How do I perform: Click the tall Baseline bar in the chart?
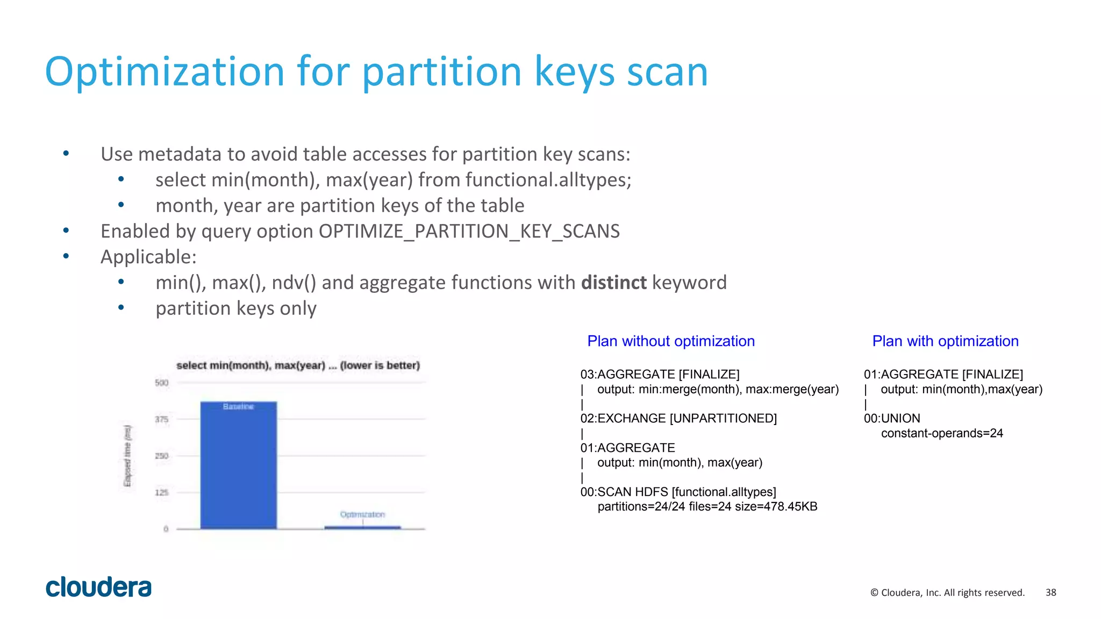238,465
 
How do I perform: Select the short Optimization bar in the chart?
362,527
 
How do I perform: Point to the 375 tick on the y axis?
161,419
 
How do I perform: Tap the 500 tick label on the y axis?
161,383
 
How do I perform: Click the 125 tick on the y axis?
161,492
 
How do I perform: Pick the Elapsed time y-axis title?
127,456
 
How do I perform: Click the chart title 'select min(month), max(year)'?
298,365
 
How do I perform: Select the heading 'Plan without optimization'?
671,341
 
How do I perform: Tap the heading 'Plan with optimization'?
945,341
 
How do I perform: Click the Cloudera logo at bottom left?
98,587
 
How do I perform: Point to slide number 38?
1050,592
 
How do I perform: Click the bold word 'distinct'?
613,283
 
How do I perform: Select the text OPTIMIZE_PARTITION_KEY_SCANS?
469,231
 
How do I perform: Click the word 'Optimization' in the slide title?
165,71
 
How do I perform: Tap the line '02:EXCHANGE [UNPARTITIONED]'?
678,418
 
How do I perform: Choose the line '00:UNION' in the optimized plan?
892,418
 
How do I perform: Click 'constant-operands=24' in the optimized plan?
942,433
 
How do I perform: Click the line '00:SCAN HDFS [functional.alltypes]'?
678,492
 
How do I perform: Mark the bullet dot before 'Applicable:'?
66,256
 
